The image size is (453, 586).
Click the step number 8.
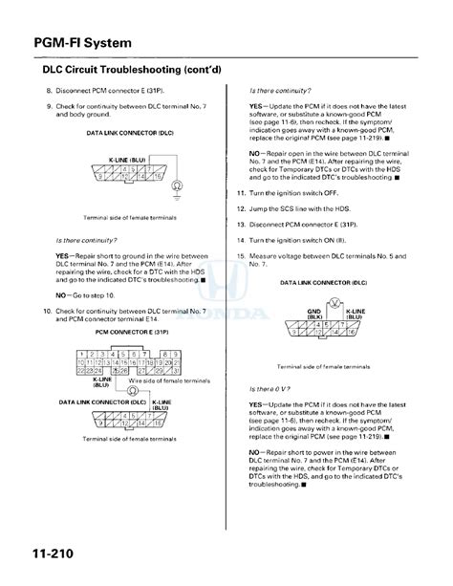click(49, 90)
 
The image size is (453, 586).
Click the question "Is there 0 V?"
click(270, 389)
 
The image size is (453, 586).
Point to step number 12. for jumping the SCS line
click(241, 207)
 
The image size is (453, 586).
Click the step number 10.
click(47, 311)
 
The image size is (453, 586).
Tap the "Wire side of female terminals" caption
click(168, 380)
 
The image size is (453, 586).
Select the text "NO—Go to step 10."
click(92, 296)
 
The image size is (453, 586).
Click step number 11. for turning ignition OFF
click(241, 192)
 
